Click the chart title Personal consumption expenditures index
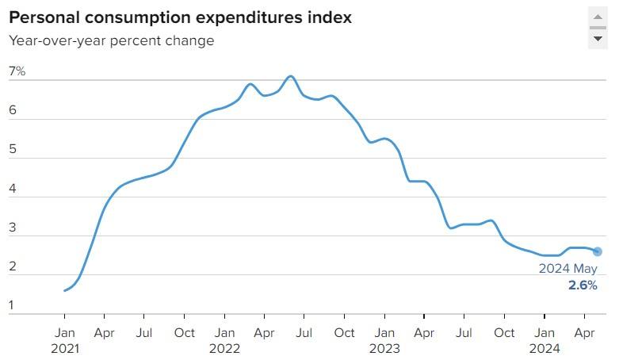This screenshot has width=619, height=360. click(181, 17)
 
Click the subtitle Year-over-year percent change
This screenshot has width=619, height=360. click(112, 40)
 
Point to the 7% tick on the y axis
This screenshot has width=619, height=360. click(17, 72)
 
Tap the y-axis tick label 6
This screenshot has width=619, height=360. click(13, 111)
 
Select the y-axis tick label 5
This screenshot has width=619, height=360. click(13, 150)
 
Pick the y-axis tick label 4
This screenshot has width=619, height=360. click(13, 189)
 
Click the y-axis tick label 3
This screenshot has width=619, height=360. click(13, 228)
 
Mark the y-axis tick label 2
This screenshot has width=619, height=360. click(13, 266)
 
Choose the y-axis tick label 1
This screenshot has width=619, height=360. click(13, 305)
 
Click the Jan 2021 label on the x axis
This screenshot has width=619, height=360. click(65, 340)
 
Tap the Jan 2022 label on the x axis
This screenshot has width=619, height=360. click(225, 340)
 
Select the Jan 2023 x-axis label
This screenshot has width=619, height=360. click(384, 340)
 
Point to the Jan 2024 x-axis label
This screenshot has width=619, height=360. click(544, 340)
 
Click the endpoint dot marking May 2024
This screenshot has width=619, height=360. click(598, 251)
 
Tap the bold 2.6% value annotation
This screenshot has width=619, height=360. click(583, 285)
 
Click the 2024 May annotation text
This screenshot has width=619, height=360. click(568, 269)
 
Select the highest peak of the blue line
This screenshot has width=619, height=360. click(291, 76)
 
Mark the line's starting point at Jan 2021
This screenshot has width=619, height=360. click(65, 290)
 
